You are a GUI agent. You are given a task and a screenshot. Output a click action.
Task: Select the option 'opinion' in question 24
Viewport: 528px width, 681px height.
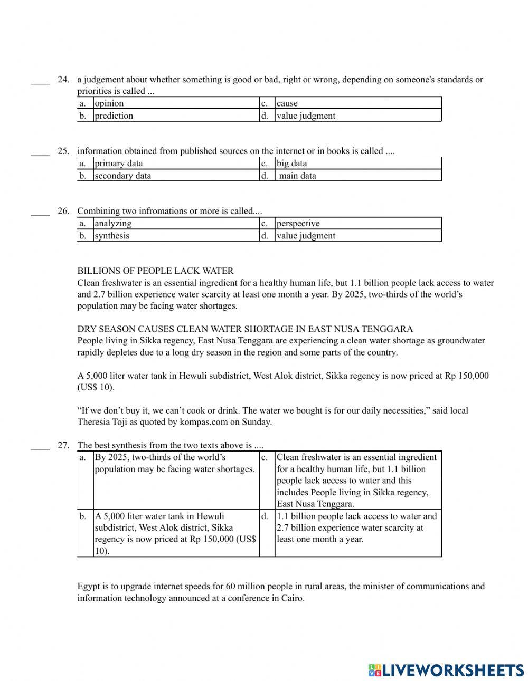pyautogui.click(x=109, y=103)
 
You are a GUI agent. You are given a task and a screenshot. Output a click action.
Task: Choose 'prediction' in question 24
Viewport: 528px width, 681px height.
pyautogui.click(x=114, y=116)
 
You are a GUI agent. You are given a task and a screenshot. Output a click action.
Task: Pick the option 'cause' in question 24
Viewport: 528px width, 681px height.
pyautogui.click(x=287, y=103)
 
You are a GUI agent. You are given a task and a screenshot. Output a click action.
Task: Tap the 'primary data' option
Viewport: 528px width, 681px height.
pyautogui.click(x=119, y=164)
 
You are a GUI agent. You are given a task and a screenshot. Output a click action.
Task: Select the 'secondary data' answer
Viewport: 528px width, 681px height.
pyautogui.click(x=123, y=176)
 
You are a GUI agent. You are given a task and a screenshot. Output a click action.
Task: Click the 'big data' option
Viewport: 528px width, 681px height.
pyautogui.click(x=292, y=164)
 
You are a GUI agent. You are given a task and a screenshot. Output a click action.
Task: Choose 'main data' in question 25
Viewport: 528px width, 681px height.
pyautogui.click(x=297, y=176)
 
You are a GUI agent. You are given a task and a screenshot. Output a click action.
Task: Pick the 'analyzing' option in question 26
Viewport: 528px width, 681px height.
pyautogui.click(x=113, y=224)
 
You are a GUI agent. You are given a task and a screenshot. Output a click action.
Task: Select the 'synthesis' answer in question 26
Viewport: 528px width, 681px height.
pyautogui.click(x=112, y=236)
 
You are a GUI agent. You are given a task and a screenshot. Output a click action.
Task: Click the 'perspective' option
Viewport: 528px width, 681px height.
pyautogui.click(x=298, y=224)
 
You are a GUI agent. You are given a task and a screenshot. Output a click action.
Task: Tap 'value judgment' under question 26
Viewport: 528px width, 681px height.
pyautogui.click(x=306, y=236)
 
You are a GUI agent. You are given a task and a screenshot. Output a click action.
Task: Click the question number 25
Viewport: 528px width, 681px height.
pyautogui.click(x=63, y=151)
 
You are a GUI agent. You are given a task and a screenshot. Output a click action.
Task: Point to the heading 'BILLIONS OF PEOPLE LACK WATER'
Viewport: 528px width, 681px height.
pyautogui.click(x=155, y=271)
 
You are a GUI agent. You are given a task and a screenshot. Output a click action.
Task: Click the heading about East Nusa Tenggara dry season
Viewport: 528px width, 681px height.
pyautogui.click(x=245, y=329)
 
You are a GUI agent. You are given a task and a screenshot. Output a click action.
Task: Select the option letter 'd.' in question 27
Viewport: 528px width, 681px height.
pyautogui.click(x=265, y=516)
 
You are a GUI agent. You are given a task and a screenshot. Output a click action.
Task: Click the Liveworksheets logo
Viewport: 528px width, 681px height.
pyautogui.click(x=446, y=670)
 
